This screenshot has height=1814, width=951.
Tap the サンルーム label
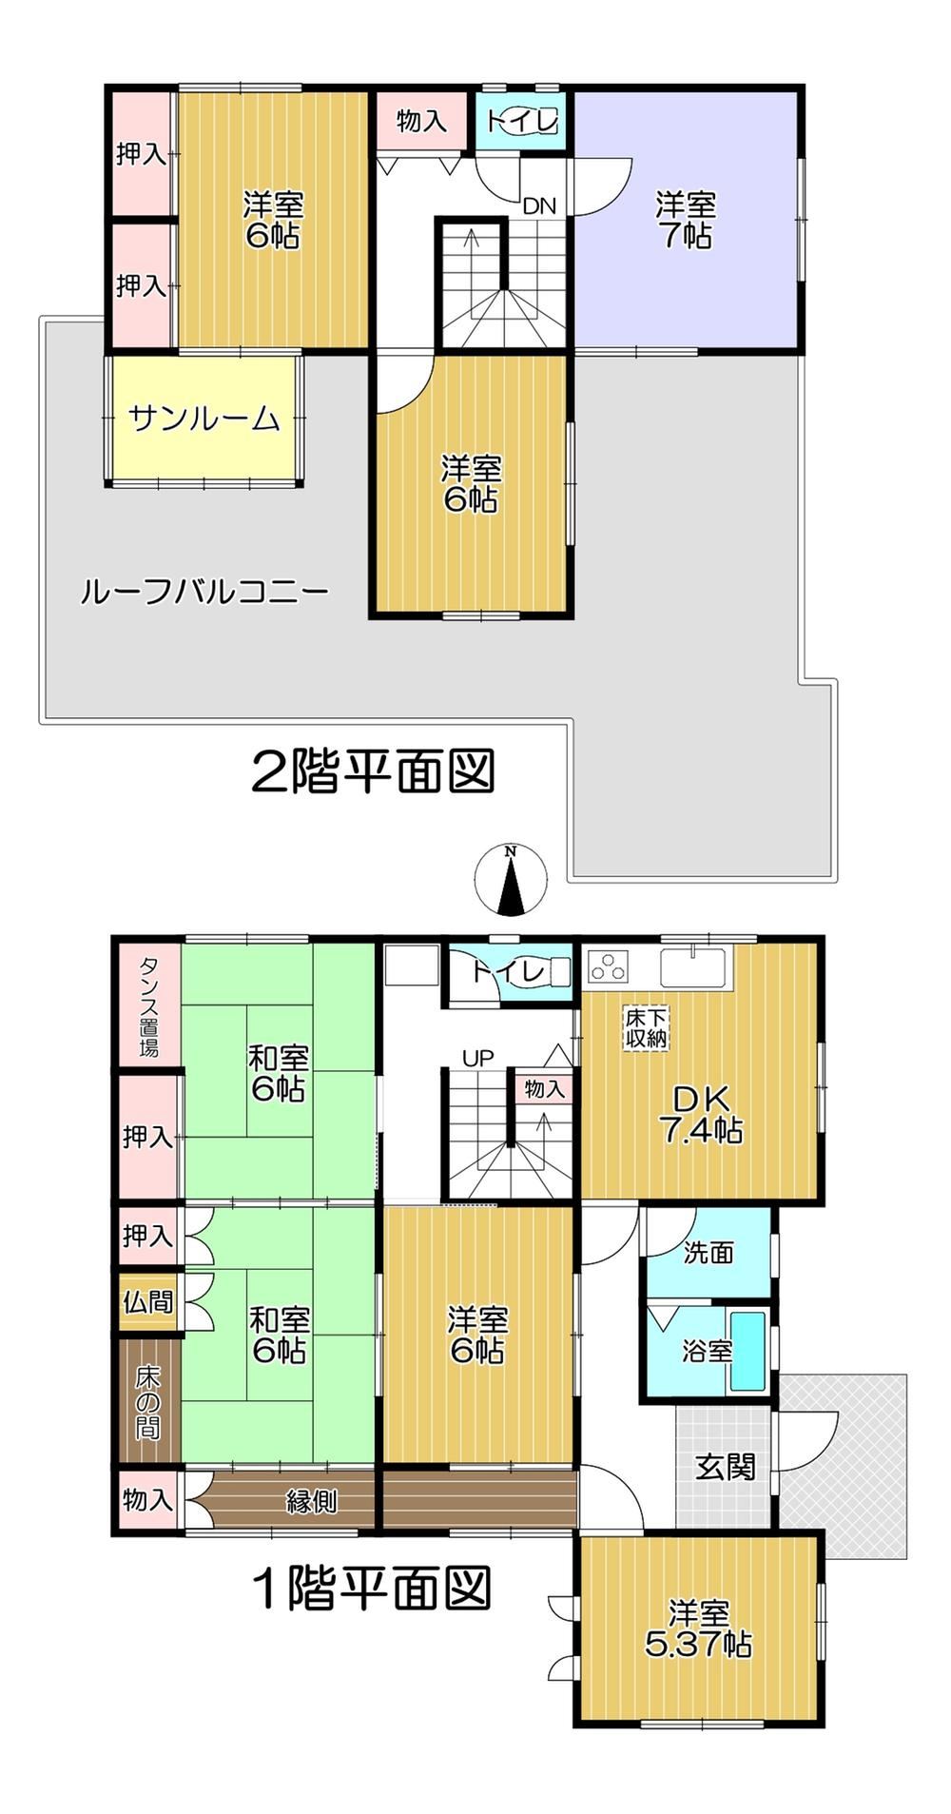(x=204, y=419)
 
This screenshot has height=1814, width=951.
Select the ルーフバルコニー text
(x=204, y=593)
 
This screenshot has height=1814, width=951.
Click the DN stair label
(x=539, y=205)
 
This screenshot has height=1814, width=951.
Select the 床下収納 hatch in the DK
(x=647, y=1028)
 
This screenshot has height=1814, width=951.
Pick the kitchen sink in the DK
(x=693, y=966)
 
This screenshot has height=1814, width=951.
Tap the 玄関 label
(x=725, y=1467)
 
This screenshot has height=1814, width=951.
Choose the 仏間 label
(x=147, y=1301)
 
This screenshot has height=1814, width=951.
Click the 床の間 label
(x=147, y=1402)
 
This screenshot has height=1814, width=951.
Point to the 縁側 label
(x=311, y=1501)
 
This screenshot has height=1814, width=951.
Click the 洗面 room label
(x=708, y=1253)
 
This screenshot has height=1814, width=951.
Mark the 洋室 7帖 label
(x=686, y=220)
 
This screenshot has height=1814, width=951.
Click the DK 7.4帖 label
(x=702, y=1115)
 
